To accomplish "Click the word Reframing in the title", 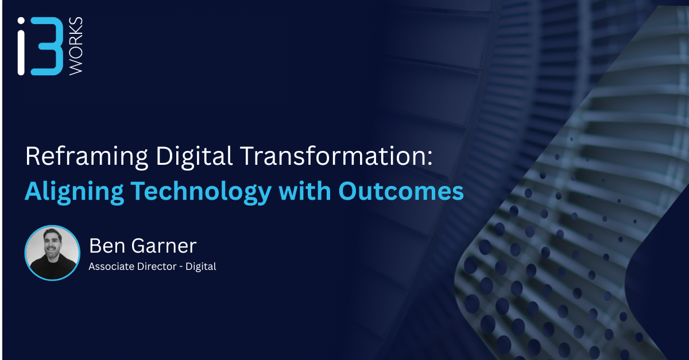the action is pos(87,157).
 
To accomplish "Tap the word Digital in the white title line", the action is pos(194,157).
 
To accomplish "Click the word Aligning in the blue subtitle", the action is pos(74,192).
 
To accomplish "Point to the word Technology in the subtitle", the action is pos(201,192).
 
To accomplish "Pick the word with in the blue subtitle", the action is pos(304,191).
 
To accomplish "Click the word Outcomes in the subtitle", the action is pos(401,191).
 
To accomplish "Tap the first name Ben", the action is pos(107,246).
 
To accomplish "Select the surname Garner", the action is pos(164,246).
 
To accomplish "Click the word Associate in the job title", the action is pos(111,266).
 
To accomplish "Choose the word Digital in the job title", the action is pos(200,266).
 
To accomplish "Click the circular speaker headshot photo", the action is pos(52,253).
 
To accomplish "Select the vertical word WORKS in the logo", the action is pos(76,46).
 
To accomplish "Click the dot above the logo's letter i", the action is pos(21,21).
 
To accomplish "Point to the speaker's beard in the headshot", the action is pos(52,254).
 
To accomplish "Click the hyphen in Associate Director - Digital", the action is pos(181,267).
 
